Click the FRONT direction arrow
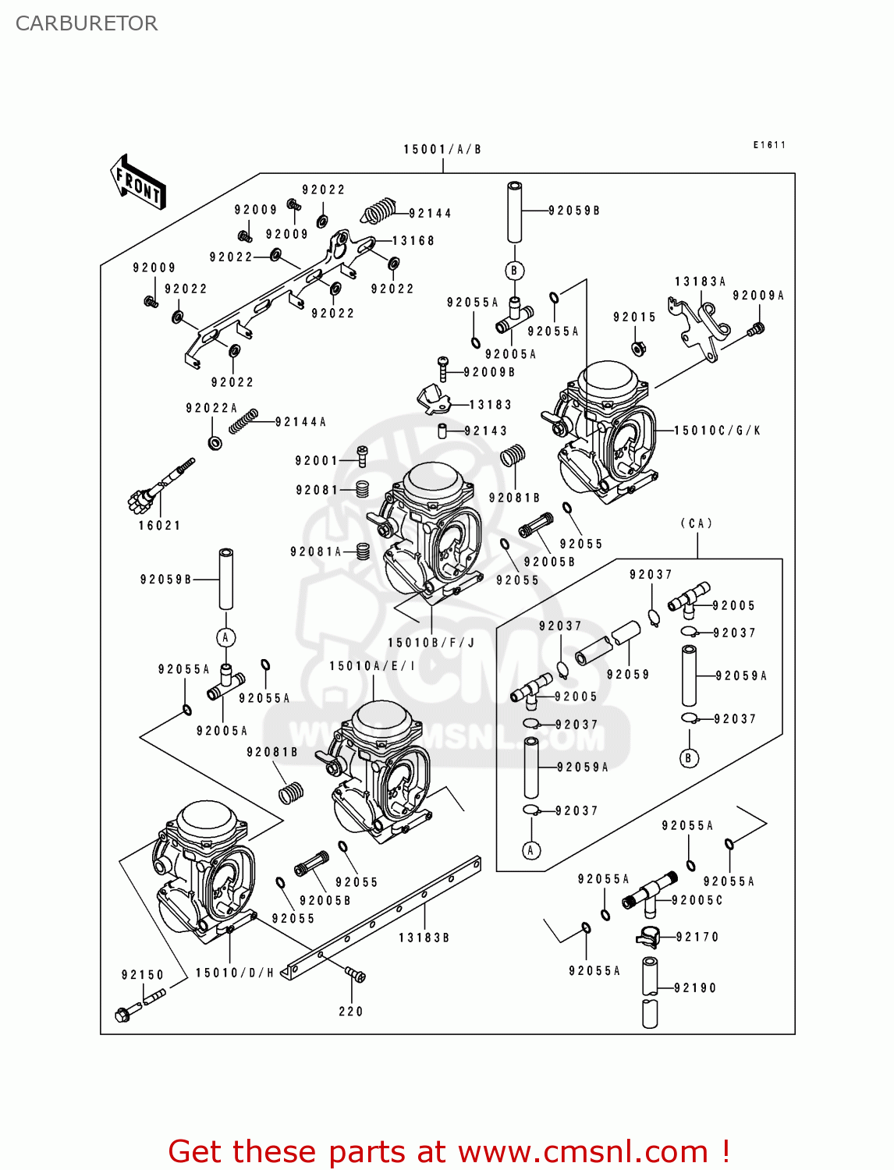(139, 183)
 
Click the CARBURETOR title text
(87, 23)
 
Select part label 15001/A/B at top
(442, 149)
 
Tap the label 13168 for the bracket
(413, 241)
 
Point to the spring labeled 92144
(380, 211)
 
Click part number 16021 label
(159, 526)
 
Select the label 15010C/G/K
(717, 431)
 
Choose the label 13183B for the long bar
(424, 938)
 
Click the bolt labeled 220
(356, 974)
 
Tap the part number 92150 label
(143, 975)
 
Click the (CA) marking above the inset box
(697, 523)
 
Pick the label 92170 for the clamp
(697, 937)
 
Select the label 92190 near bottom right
(695, 987)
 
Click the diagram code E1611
(769, 145)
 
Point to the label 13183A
(700, 282)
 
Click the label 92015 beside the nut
(634, 317)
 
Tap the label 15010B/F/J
(431, 643)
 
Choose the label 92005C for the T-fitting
(697, 900)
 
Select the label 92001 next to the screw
(316, 461)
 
